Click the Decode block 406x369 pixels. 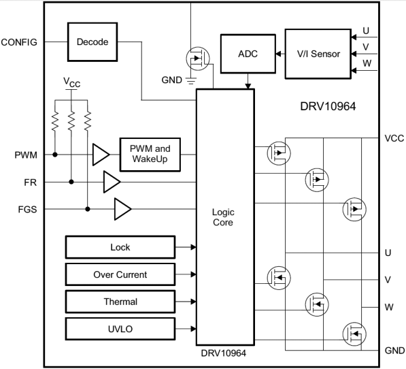(92, 42)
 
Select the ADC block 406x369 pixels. (248, 54)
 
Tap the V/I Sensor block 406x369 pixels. (318, 54)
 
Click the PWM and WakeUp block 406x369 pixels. (150, 155)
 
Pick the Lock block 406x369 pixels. (120, 247)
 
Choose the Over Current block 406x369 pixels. (120, 274)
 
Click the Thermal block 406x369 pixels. (120, 302)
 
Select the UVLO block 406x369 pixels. (120, 329)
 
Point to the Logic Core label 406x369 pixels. (223, 217)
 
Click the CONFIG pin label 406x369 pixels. (19, 42)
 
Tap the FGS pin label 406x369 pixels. (27, 210)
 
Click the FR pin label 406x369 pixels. (31, 182)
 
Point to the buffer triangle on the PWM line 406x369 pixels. (101, 155)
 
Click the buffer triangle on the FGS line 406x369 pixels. (122, 209)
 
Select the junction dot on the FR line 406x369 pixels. (71, 182)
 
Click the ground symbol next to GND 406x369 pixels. (191, 81)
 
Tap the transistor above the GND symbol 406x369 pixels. (198, 59)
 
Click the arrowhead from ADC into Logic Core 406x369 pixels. (248, 86)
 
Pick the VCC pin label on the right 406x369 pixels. (394, 138)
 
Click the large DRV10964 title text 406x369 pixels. (328, 106)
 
